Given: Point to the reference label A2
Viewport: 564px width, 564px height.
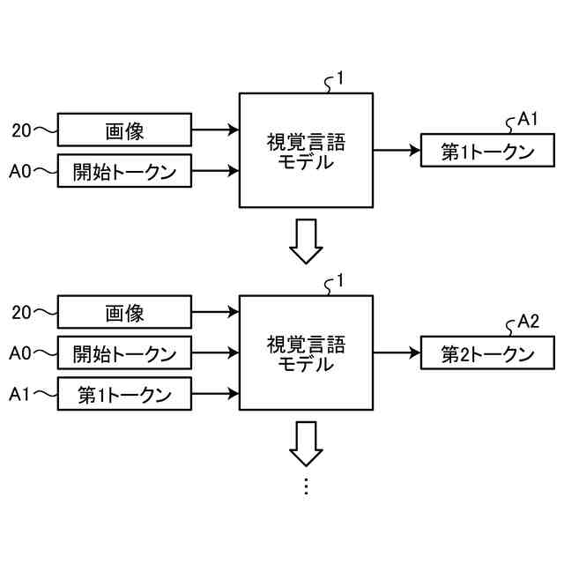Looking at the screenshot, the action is point(528,321).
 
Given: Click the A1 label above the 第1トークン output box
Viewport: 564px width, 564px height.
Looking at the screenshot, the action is point(527,119).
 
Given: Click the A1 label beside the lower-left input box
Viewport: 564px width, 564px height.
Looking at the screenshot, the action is point(19,394).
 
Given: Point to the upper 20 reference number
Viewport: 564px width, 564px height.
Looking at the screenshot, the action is point(21,130).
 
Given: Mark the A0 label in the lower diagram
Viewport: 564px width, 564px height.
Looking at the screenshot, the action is point(20,353).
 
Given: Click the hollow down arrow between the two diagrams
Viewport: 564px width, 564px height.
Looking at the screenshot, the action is point(306,241).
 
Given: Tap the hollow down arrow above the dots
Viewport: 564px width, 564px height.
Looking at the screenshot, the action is point(306,444).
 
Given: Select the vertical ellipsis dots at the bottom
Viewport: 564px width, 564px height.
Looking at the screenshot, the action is point(306,486).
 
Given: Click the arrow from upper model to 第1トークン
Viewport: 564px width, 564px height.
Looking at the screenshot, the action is point(397,151).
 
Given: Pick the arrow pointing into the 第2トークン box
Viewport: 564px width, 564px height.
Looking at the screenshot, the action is point(397,352).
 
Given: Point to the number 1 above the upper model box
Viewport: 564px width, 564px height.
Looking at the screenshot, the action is point(340,78).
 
